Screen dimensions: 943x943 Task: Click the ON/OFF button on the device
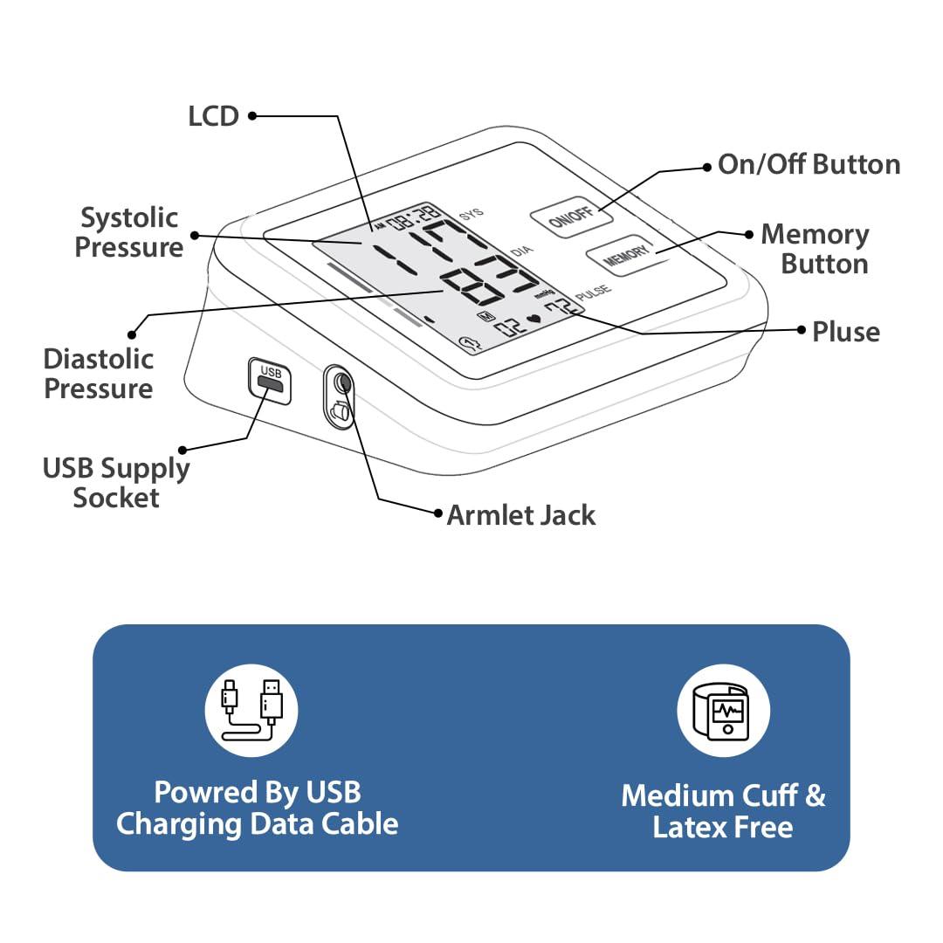pyautogui.click(x=570, y=215)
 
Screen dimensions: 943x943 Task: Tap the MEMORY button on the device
pyautogui.click(x=619, y=255)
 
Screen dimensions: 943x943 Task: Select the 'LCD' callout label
pyautogui.click(x=213, y=116)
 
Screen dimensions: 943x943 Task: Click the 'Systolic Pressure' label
pyautogui.click(x=129, y=232)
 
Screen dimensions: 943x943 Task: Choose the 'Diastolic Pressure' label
pyautogui.click(x=99, y=373)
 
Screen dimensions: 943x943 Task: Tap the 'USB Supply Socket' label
pyautogui.click(x=116, y=483)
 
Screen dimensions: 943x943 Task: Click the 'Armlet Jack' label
pyautogui.click(x=520, y=515)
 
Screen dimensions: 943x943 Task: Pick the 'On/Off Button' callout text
pyautogui.click(x=809, y=164)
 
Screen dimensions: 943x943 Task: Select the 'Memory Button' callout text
pyautogui.click(x=816, y=249)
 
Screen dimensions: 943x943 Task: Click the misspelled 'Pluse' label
pyautogui.click(x=845, y=332)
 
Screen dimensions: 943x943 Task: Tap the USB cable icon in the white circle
pyautogui.click(x=251, y=710)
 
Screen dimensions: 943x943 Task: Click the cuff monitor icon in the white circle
pyautogui.click(x=724, y=710)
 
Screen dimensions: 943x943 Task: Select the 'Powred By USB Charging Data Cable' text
pyautogui.click(x=258, y=808)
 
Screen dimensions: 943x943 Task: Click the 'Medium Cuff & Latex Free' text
pyautogui.click(x=723, y=811)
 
